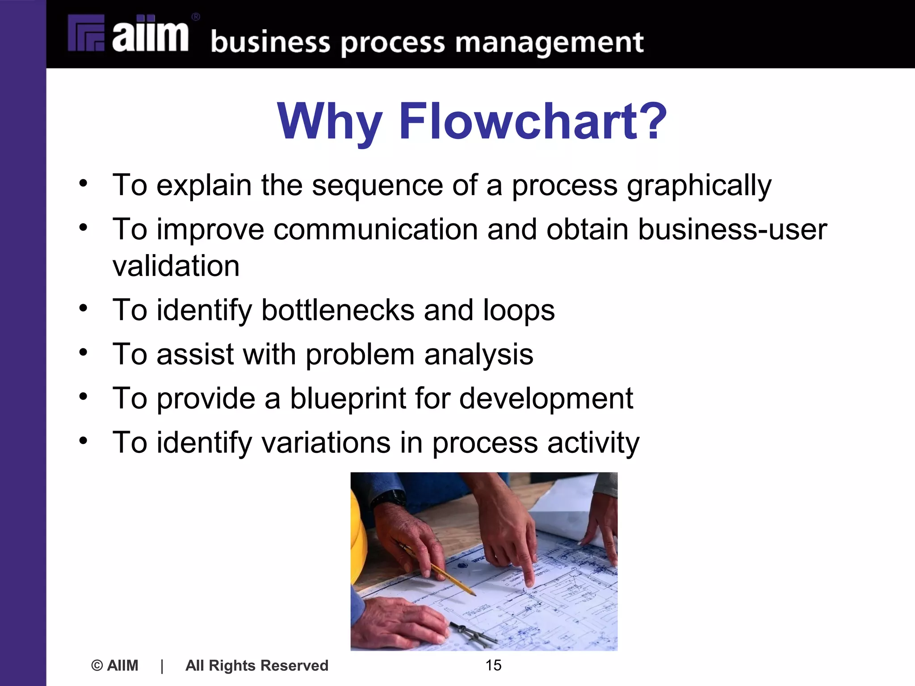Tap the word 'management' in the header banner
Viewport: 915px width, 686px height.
[x=549, y=43]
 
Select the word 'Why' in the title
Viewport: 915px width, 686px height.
[x=330, y=121]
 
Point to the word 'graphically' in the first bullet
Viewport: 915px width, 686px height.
[x=699, y=186]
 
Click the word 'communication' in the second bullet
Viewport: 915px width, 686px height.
[x=376, y=230]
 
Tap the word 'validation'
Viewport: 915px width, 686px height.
[x=176, y=266]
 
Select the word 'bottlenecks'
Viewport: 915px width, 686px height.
[x=338, y=310]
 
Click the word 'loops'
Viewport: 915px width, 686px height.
[x=519, y=310]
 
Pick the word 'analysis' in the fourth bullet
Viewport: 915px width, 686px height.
[x=478, y=354]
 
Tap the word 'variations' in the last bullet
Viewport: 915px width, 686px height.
[x=326, y=442]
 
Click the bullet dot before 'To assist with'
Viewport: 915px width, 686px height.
[x=83, y=352]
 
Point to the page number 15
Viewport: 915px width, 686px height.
[x=493, y=665]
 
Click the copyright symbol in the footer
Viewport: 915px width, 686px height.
[x=97, y=665]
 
